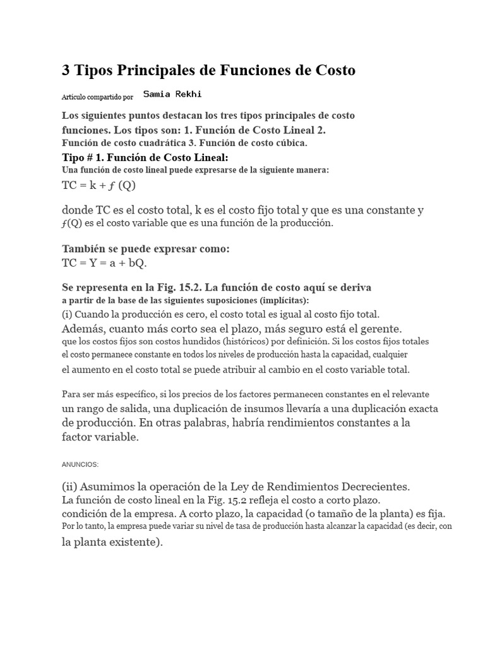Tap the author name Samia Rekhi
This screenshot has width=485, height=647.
pos(172,94)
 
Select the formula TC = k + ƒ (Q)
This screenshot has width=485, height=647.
pos(99,186)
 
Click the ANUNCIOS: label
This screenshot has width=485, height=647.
pos(80,464)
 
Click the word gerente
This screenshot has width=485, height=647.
pos(380,329)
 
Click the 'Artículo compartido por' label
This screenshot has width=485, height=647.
pos(97,97)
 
